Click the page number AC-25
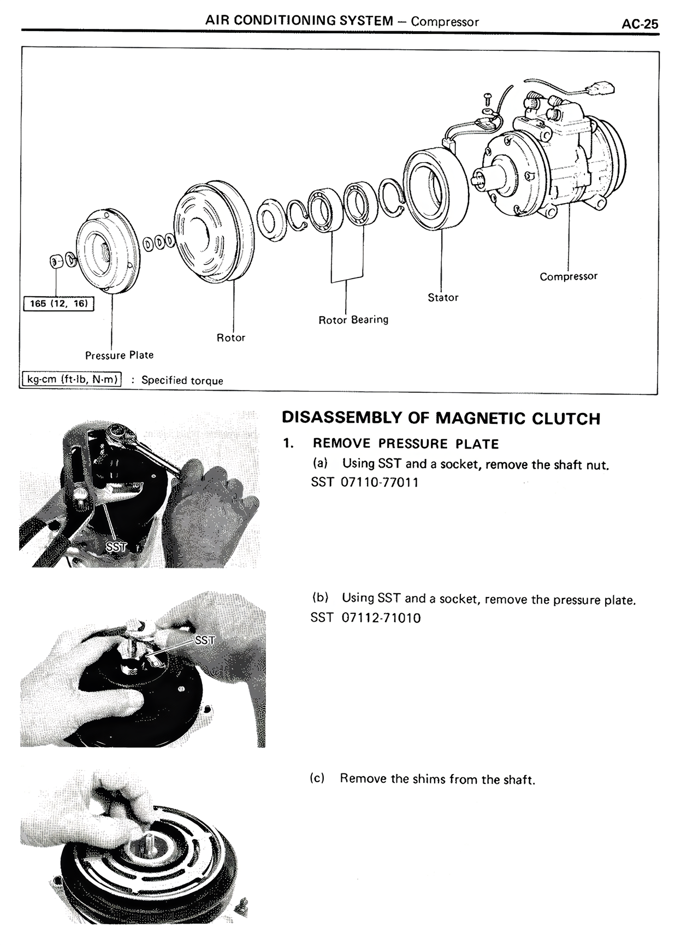click(639, 24)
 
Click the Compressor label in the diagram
click(568, 276)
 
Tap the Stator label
click(442, 298)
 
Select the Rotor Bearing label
click(353, 320)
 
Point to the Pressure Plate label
click(119, 355)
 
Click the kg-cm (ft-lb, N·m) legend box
click(72, 379)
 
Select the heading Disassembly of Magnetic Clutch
click(440, 419)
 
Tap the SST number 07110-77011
click(379, 482)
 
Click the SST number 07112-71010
click(381, 618)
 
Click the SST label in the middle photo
click(204, 640)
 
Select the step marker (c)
click(317, 778)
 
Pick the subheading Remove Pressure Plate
click(406, 444)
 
